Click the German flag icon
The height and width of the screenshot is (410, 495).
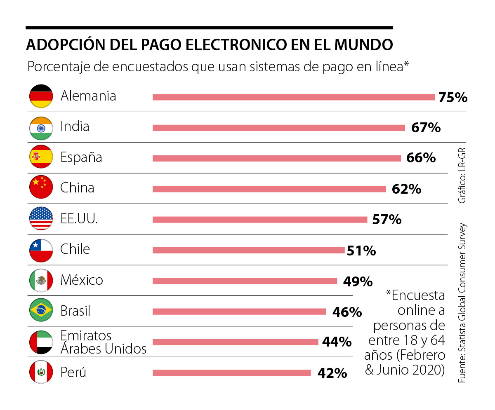(41, 96)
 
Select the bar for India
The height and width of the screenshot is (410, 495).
(278, 128)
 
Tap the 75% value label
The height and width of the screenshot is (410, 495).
(453, 98)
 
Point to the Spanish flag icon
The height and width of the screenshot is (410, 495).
(41, 157)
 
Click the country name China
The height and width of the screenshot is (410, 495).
(77, 188)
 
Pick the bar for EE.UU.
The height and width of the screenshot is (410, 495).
(260, 220)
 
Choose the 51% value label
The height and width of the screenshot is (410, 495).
(361, 251)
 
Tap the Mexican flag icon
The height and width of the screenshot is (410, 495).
(41, 280)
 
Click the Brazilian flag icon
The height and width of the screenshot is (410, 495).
(41, 311)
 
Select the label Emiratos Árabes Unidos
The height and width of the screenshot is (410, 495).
(103, 342)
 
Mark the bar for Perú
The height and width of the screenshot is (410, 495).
(231, 373)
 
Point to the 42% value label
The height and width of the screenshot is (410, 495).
(332, 373)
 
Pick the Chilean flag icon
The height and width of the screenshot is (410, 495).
(41, 250)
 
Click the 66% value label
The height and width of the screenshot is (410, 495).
(421, 158)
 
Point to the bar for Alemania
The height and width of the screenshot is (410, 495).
(294, 97)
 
